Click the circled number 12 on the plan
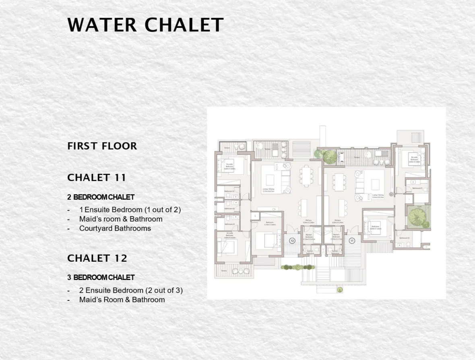coord(293,241)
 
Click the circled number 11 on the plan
coord(352,241)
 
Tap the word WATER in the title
coord(102,25)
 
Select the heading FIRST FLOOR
coord(102,146)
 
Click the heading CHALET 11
coord(97,178)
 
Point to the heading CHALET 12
coord(97,258)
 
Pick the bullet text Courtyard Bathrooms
coord(115,228)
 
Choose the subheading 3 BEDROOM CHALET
coord(101,277)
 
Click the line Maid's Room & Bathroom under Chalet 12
coord(122,300)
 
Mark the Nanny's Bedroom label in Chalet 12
coord(309,237)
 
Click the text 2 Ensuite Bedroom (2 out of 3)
coord(131,290)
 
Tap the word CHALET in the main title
coord(184,25)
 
